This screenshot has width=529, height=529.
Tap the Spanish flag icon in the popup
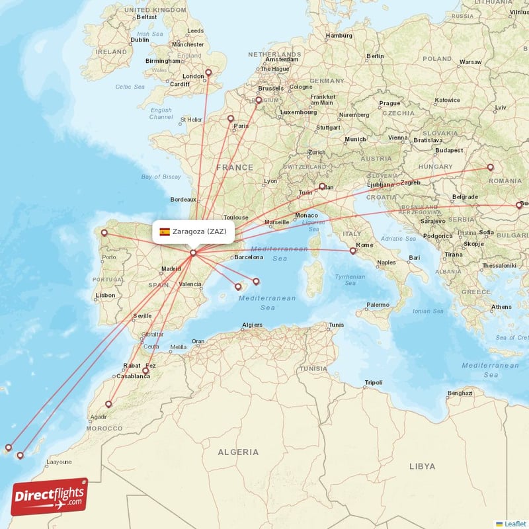coord(165,231)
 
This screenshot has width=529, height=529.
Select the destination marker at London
coord(208,73)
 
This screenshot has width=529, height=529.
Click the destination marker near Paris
coord(231,119)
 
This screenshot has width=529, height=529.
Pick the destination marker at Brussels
coord(259,101)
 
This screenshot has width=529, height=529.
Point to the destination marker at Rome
coord(352,251)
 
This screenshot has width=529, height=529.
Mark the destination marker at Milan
coord(322,186)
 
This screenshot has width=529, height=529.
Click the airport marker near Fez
coord(145,371)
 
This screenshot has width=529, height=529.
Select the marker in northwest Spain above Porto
coord(104,232)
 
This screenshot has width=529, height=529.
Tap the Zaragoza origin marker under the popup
coord(193,253)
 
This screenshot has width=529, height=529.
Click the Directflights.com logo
coord(50,497)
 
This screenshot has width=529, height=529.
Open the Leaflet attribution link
coord(514,524)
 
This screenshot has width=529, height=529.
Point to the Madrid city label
coord(171,268)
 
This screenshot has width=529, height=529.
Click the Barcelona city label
coord(249,257)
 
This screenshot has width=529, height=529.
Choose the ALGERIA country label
coord(238,452)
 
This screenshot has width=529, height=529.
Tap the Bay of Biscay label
coord(161,177)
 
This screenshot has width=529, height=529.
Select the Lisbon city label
coord(106,295)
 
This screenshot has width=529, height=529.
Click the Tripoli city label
coord(374,383)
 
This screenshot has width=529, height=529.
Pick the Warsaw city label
coord(470,61)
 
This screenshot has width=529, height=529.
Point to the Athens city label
coord(501,307)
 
